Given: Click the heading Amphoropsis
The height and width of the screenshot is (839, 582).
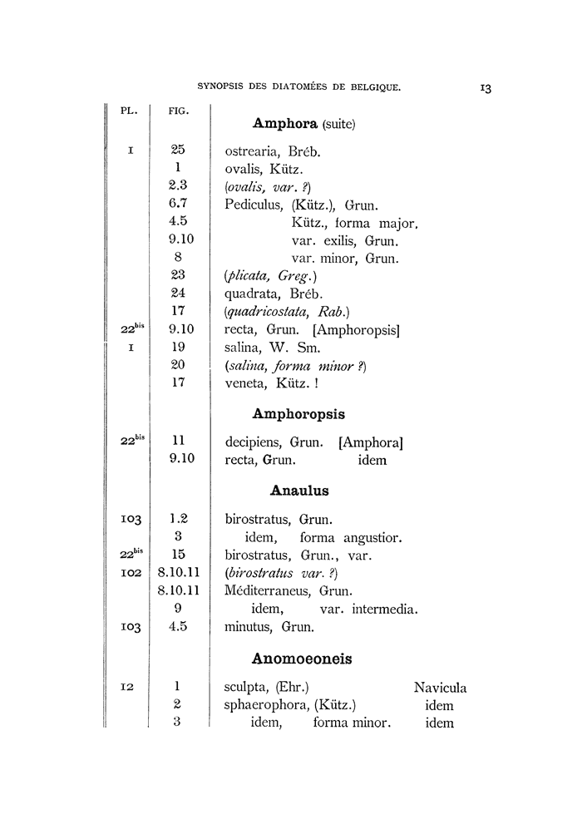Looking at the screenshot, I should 298,413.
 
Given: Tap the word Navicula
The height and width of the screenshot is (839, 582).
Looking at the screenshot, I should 440,688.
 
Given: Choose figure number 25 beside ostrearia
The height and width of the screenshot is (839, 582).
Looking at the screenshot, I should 178,150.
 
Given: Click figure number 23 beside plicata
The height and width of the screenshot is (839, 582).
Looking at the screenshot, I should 178,275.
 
